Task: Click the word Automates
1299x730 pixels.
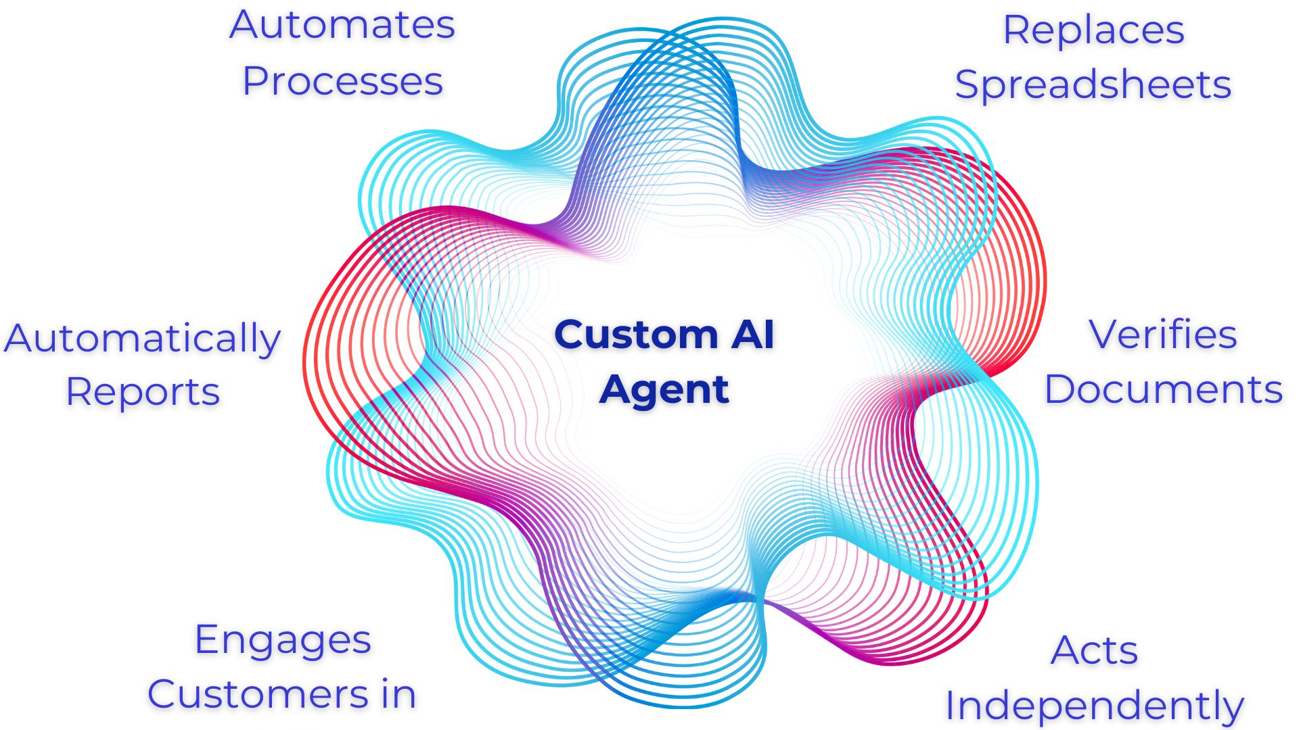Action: point(342,26)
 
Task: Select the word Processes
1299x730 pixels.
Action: point(342,82)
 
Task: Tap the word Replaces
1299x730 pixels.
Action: point(1093,30)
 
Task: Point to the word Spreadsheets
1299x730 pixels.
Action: point(1093,86)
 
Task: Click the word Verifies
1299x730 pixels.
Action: point(1162,335)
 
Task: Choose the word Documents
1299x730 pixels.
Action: point(1163,390)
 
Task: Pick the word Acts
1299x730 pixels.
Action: point(1094,651)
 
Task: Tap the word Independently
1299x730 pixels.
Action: point(1094,706)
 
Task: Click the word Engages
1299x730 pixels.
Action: point(283,640)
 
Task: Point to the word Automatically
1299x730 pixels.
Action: point(142,339)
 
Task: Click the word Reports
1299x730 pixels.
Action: point(143,393)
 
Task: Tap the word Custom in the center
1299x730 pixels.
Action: point(636,335)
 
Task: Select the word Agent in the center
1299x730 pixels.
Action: point(664,390)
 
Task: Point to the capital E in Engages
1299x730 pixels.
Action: point(206,639)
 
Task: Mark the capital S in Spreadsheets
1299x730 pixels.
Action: point(967,85)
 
